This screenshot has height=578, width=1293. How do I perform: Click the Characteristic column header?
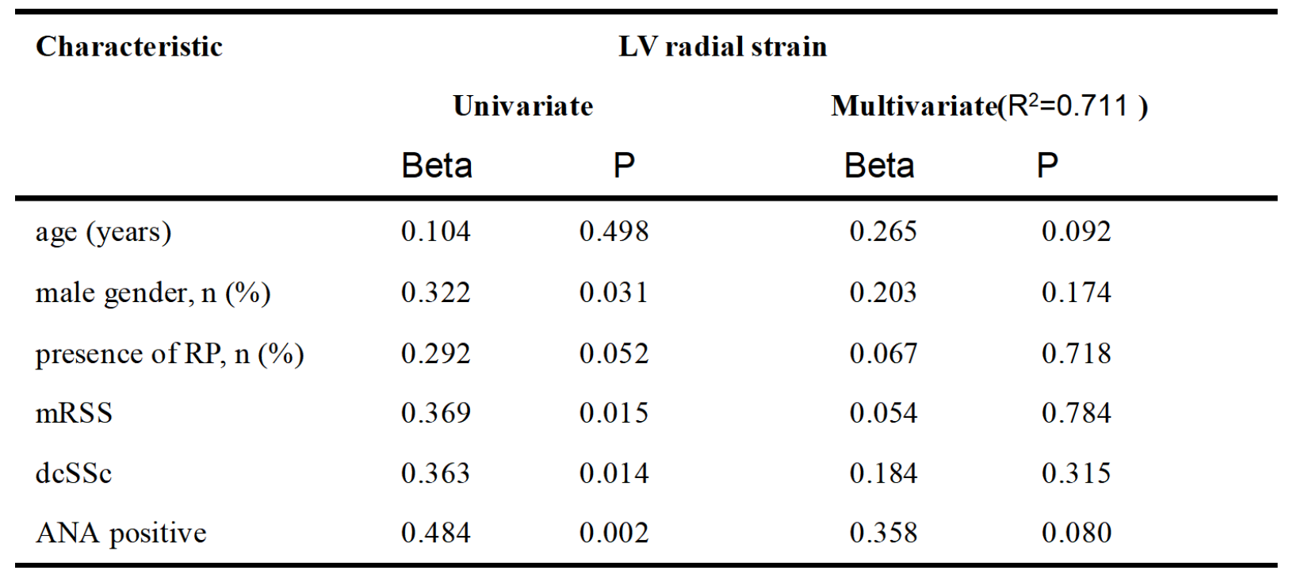128,46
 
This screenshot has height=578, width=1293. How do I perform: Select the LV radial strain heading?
723,46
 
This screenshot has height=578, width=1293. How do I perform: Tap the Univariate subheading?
523,105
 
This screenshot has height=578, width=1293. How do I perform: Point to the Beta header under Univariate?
437,166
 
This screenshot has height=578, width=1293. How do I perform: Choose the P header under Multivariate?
1047,166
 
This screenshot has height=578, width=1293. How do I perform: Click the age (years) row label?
103,232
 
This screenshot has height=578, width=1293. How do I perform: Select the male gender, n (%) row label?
153,293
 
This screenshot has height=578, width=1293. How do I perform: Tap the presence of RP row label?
170,354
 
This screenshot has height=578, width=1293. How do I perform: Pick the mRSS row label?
74,413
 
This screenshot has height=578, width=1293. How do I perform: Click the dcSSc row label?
73,473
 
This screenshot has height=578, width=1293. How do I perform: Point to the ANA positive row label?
121,533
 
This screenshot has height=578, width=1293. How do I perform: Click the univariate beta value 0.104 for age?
436,231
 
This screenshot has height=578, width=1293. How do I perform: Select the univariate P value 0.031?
614,292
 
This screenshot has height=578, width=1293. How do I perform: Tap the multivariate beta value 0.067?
883,353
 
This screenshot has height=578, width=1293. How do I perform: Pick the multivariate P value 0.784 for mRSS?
1077,412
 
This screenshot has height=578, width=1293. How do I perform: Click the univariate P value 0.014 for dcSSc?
614,473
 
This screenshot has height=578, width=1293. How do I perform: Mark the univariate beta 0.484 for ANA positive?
436,532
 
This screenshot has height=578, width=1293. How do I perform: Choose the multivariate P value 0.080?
1077,532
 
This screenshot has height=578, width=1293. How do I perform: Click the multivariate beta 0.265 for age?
883,231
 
